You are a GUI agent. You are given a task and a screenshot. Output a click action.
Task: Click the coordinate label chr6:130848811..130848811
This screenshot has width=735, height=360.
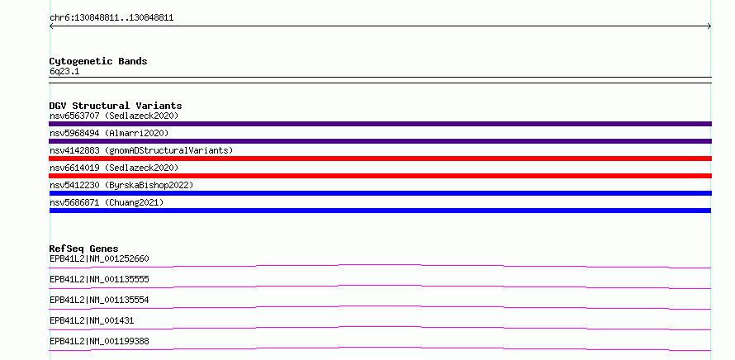[111, 18]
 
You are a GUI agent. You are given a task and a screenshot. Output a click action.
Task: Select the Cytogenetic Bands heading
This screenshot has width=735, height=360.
[98, 61]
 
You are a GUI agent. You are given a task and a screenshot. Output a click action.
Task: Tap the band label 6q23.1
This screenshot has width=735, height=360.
[64, 71]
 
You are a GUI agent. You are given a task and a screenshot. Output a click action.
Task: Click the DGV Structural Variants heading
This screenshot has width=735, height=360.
[116, 106]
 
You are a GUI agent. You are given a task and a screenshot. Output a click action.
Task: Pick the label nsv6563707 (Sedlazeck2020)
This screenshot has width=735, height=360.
[114, 116]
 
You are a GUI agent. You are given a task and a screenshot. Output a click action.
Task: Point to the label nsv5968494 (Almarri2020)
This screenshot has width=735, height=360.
[109, 133]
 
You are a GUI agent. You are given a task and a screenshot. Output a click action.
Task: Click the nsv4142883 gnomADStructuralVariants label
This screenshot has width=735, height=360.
[141, 150]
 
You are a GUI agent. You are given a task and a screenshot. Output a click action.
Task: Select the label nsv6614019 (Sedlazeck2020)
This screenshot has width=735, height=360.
[114, 168]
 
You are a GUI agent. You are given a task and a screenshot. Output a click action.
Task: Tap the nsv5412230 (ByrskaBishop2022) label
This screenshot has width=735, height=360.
[121, 185]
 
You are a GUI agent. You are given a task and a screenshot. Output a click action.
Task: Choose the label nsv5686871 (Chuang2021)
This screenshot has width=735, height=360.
[107, 202]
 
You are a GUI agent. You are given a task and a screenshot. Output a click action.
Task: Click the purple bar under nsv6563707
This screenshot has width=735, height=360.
[380, 124]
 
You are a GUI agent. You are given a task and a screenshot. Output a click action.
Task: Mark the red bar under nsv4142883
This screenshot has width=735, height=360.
[380, 159]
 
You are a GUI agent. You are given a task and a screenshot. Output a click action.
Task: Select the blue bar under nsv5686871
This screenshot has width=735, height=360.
[380, 211]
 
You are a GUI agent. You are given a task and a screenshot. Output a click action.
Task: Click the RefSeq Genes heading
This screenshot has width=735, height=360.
[84, 249]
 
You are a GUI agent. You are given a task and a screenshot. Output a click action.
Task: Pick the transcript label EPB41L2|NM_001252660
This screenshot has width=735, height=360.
[99, 258]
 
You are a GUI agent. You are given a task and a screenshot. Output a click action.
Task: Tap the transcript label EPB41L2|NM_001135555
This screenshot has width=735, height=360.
[99, 279]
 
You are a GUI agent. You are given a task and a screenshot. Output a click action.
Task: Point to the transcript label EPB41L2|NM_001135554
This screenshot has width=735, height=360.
[99, 300]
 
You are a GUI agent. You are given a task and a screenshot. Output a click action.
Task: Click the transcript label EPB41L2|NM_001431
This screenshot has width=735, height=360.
[92, 320]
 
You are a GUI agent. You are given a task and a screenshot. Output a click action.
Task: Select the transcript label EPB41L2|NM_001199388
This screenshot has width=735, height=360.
[99, 341]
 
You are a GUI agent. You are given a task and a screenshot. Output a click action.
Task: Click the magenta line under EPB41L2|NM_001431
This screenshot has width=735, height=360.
[380, 327]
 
